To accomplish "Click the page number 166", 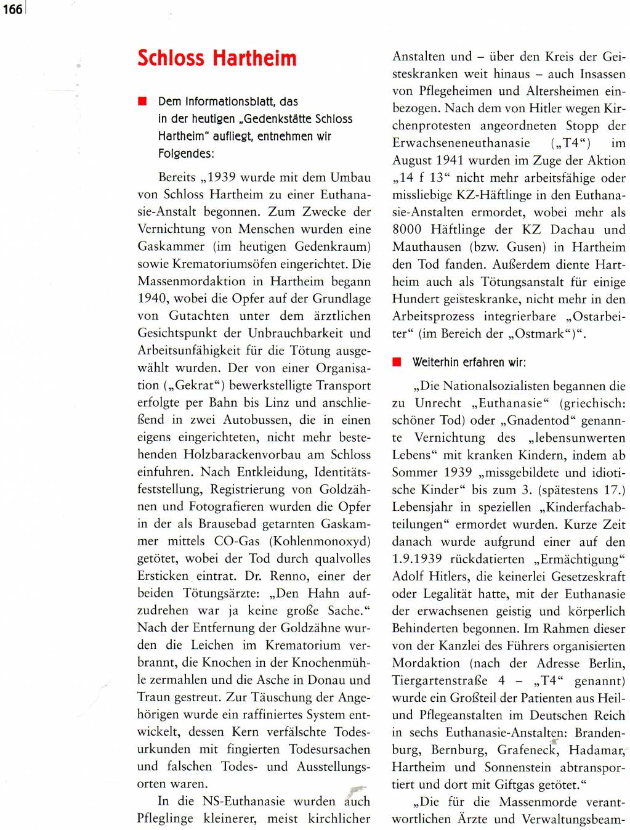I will coord(12,9).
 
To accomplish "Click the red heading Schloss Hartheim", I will coord(217,59).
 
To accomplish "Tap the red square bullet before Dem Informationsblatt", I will coord(143,101).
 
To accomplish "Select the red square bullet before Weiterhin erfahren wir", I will coord(397,362).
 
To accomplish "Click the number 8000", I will coord(407,229).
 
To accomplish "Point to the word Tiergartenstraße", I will coord(440,680).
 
